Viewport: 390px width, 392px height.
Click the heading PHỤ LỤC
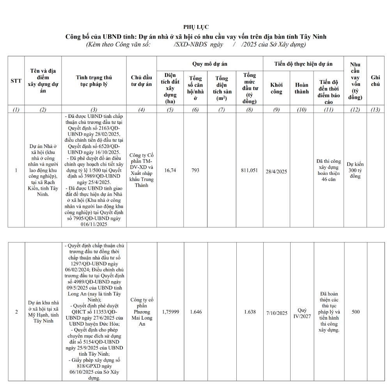[196, 27]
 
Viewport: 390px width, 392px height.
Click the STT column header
[16, 81]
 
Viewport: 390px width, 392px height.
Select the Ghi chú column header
[375, 81]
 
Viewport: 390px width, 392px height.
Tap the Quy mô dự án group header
[210, 64]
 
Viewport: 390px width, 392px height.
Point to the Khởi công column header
[277, 88]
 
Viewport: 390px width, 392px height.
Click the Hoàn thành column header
[301, 88]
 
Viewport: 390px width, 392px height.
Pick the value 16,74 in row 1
[170, 170]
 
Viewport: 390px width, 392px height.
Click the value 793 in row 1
[195, 170]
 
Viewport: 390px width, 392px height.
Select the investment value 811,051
[249, 170]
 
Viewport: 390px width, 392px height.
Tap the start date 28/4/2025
[277, 171]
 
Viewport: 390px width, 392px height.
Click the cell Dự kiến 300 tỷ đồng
[355, 170]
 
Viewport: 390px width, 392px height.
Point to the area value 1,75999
[170, 312]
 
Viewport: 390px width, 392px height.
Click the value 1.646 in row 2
[195, 312]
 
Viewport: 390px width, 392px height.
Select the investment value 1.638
[250, 312]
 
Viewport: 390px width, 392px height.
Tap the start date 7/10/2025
[277, 313]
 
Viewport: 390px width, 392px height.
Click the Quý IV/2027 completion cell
[302, 313]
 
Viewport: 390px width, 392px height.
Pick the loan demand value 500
[355, 312]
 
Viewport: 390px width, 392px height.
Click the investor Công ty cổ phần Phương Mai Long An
[142, 312]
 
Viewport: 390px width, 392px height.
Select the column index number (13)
[375, 110]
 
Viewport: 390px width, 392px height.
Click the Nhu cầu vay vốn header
[355, 81]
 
